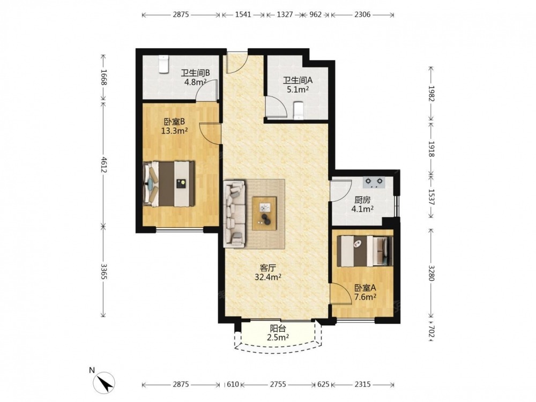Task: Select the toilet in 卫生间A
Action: pyautogui.click(x=299, y=110)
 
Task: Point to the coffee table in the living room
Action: pyautogui.click(x=264, y=213)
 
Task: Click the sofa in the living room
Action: pyautogui.click(x=235, y=214)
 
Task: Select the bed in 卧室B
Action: pyautogui.click(x=169, y=183)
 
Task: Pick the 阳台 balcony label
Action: pyautogui.click(x=278, y=329)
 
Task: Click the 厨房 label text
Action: pyautogui.click(x=362, y=200)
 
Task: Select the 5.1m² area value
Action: pyautogui.click(x=297, y=90)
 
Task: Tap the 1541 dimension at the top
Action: pyautogui.click(x=243, y=14)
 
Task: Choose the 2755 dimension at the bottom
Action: pyautogui.click(x=278, y=384)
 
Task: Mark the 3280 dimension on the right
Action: pyautogui.click(x=431, y=273)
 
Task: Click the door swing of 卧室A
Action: pyautogui.click(x=341, y=294)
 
